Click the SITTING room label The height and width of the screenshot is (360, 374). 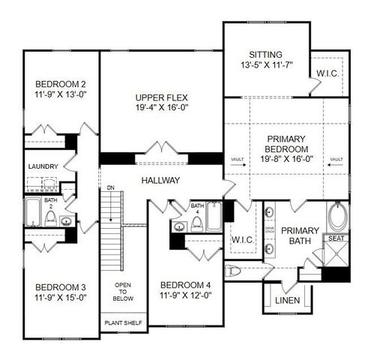[265, 55]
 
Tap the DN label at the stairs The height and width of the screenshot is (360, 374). [109, 188]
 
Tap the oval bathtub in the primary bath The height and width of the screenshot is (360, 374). [338, 218]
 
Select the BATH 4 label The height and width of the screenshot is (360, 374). [197, 208]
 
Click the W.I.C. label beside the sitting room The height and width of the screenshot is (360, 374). [329, 73]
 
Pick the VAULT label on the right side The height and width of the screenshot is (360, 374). [336, 159]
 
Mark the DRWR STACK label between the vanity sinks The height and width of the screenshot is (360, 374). [269, 230]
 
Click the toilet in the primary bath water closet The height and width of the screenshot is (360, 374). [232, 271]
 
